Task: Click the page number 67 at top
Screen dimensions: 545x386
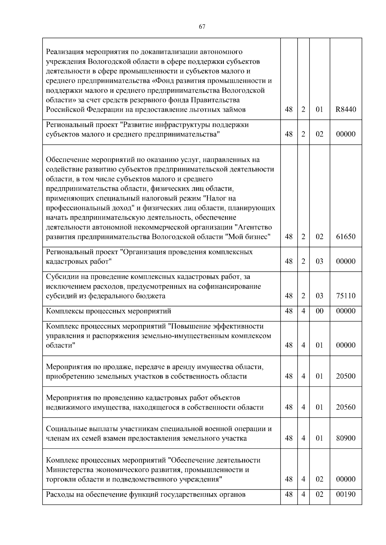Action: coord(202,27)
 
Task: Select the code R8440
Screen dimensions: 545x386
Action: coord(346,110)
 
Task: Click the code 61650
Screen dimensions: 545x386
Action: coord(346,237)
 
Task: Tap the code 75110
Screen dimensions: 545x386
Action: coord(346,296)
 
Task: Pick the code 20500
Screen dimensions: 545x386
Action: coord(346,376)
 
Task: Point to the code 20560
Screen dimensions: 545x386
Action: coord(346,407)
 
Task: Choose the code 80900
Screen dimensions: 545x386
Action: coord(346,438)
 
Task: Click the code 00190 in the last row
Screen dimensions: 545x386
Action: coord(346,494)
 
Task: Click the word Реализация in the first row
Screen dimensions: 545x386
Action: coord(64,52)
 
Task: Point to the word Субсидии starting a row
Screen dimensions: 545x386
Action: coord(61,277)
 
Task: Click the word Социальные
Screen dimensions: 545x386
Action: coord(65,429)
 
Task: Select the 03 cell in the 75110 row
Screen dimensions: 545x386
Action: coord(319,296)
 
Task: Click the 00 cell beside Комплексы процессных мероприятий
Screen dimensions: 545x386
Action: coord(319,311)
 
